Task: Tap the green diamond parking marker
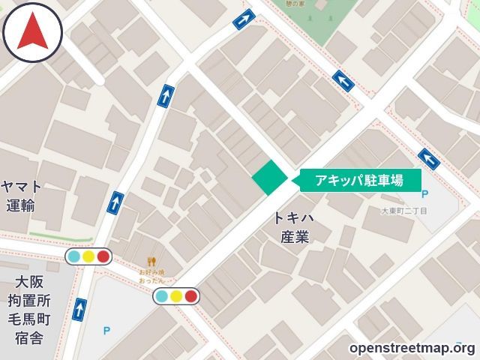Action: tap(269, 178)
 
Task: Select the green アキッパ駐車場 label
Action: tap(359, 180)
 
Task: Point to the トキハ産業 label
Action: tap(293, 227)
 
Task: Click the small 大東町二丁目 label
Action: tap(403, 211)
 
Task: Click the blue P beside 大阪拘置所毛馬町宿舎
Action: tap(106, 330)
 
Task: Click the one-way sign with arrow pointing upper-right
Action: tap(243, 19)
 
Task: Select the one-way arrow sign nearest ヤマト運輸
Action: tap(115, 202)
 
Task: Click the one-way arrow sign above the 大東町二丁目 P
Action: tap(428, 158)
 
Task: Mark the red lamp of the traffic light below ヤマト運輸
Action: tap(103, 256)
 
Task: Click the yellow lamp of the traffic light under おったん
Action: tap(176, 295)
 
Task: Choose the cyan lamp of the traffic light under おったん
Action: tap(161, 295)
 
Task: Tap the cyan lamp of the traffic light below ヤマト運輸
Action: tap(73, 256)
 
